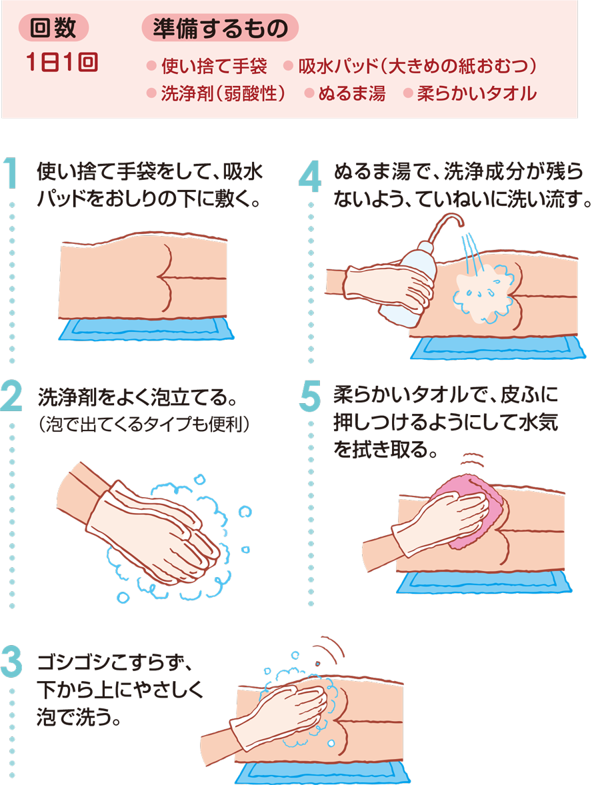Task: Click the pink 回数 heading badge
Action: [x=53, y=27]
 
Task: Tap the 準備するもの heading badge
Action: [x=221, y=27]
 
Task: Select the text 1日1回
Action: [x=62, y=63]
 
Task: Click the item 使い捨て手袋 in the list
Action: [x=214, y=65]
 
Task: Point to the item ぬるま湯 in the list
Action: [x=351, y=93]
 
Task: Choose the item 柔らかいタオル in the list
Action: [x=476, y=93]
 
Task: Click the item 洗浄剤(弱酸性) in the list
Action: [x=223, y=93]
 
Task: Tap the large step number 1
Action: [x=11, y=173]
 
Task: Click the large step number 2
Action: [x=11, y=396]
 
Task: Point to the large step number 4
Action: [x=309, y=176]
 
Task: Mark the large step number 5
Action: [x=310, y=396]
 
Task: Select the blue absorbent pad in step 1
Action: [x=146, y=329]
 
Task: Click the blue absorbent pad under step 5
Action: [x=484, y=582]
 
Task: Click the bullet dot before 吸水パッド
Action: [x=288, y=65]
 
